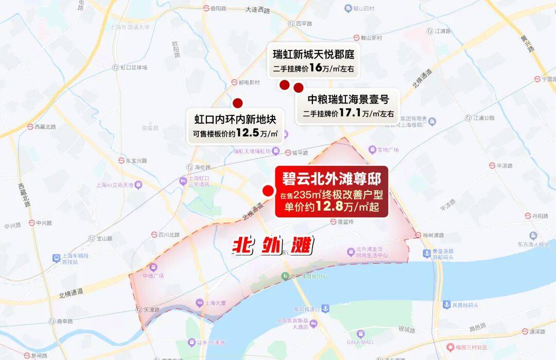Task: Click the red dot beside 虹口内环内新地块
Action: click(237, 103)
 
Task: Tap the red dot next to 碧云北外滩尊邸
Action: click(268, 191)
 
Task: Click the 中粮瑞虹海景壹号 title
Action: click(347, 98)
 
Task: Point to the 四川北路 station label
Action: click(168, 235)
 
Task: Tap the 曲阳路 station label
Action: click(218, 8)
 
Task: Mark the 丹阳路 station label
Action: click(540, 216)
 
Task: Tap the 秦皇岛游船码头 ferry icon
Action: click(427, 253)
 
